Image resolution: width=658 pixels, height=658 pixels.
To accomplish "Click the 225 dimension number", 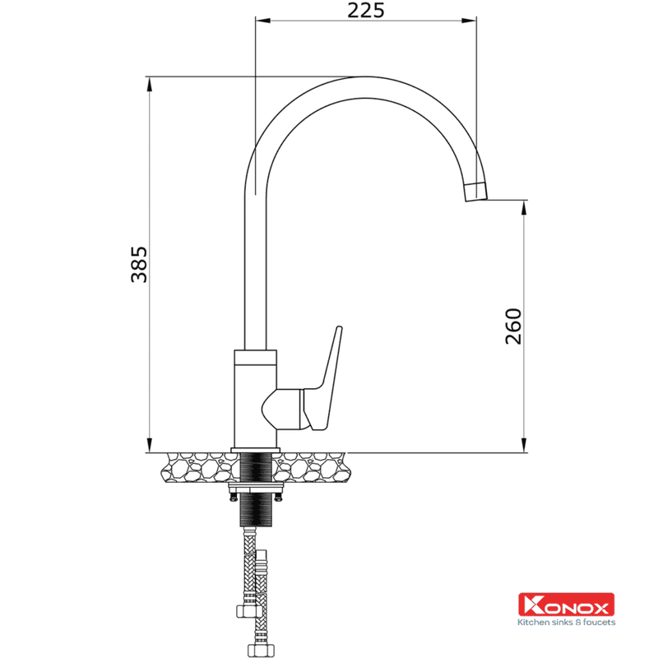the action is tap(365, 11).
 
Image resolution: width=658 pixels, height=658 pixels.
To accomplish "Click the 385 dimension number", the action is tap(139, 264).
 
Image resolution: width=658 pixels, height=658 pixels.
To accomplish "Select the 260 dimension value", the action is tap(512, 327).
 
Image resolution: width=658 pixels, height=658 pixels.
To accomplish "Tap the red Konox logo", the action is tap(566, 605).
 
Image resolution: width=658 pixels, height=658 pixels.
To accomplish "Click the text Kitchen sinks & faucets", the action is tap(566, 622).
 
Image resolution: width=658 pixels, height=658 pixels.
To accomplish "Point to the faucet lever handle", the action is tap(323, 380).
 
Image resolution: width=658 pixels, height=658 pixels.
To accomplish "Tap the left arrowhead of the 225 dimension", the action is tap(262, 20).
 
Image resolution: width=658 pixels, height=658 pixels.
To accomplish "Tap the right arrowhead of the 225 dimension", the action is tap(469, 20).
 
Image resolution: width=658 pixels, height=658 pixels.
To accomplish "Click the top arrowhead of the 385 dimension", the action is tap(150, 84).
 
